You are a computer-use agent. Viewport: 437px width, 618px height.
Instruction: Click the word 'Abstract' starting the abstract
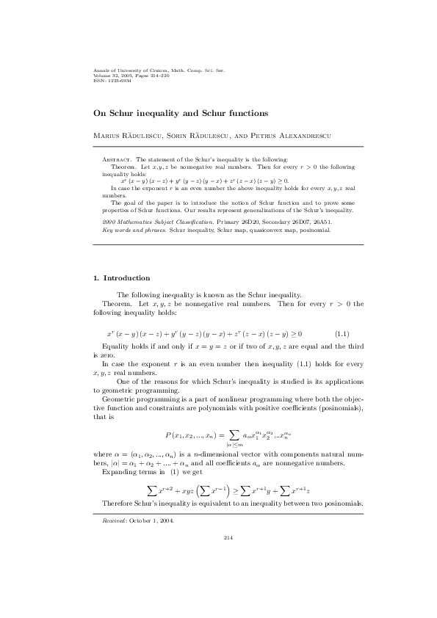coord(115,159)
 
